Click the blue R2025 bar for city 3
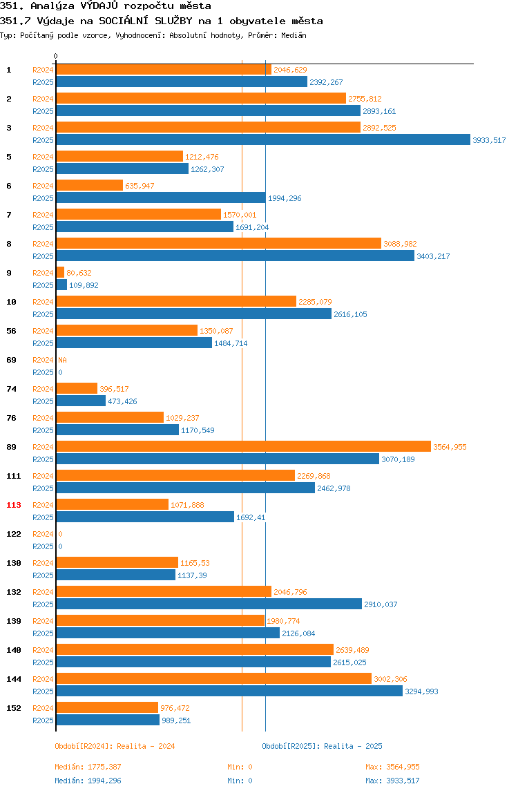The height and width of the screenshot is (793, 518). coord(263,140)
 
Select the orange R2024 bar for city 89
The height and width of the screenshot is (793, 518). coord(243,446)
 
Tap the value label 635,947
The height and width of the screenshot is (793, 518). coord(140,186)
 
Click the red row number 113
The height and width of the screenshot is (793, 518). coord(14,505)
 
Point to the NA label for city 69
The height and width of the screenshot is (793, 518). coord(62,360)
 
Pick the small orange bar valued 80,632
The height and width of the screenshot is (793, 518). coord(60,273)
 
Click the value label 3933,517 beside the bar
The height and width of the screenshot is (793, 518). coord(489,140)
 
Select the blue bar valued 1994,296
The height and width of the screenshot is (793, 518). coord(161,198)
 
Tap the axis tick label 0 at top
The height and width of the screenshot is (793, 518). coord(56,56)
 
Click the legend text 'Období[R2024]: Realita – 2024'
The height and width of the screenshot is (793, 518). coord(115,746)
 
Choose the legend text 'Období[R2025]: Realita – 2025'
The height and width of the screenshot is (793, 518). coord(323,746)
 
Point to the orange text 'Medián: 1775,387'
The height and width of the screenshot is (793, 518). coord(88,767)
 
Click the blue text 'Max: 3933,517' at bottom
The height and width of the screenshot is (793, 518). coord(392,781)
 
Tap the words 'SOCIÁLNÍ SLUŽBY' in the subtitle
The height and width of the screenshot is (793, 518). coord(146,21)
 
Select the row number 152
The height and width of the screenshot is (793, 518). coord(14,708)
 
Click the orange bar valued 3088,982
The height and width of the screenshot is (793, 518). coord(218,243)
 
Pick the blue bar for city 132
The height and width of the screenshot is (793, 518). coord(209,604)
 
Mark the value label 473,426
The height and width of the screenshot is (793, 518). coord(122,401)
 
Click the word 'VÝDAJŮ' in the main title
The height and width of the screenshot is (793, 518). coord(99,6)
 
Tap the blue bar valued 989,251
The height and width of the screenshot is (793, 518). coord(108,720)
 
